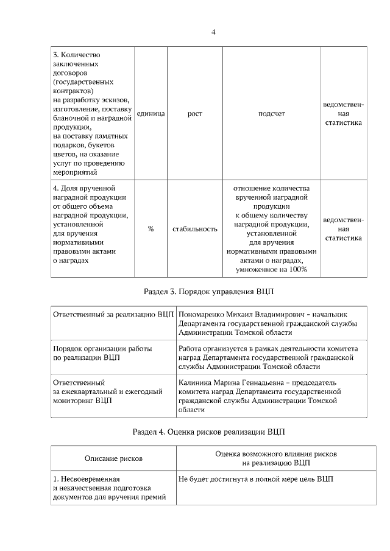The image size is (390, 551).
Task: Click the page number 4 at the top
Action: pos(213,32)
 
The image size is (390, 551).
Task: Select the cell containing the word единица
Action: pos(151,114)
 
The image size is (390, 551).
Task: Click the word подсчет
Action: pos(271,114)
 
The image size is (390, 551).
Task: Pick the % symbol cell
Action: pos(151,229)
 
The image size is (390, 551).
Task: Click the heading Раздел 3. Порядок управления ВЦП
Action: pos(208,292)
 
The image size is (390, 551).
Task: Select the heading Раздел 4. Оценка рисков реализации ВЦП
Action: pos(208,432)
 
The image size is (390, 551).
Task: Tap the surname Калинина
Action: pos(196,382)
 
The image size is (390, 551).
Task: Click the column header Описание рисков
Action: pos(113,458)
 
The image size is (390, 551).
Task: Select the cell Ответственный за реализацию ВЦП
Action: pos(113,314)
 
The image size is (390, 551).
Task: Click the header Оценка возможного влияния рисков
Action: pos(276,454)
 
